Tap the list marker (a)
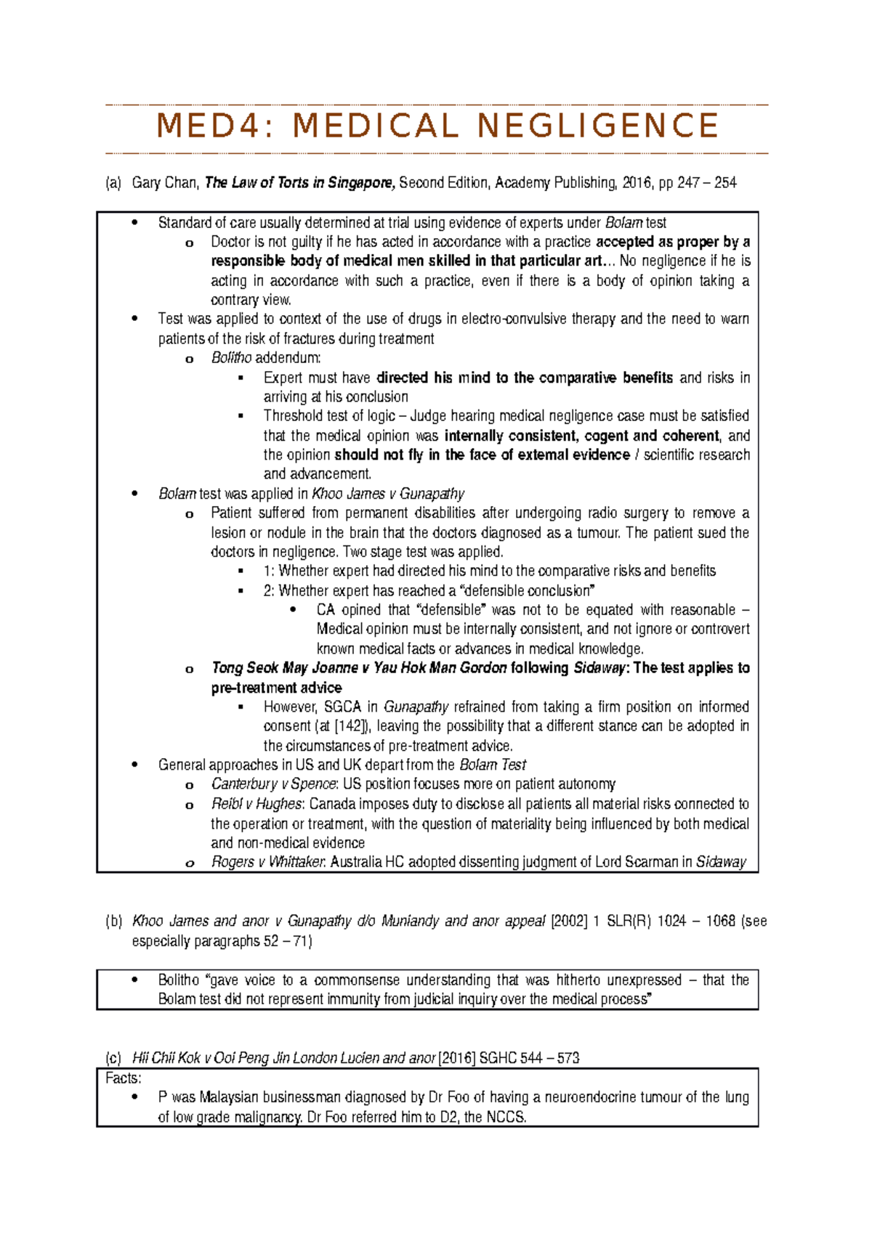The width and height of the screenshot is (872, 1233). [113, 183]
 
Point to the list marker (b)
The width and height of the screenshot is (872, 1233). [113, 921]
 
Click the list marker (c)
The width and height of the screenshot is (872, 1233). [113, 1058]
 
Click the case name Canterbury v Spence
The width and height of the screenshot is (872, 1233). [273, 784]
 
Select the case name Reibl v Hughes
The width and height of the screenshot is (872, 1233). [257, 804]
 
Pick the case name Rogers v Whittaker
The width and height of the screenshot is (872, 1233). [267, 862]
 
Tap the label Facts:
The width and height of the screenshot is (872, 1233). [123, 1078]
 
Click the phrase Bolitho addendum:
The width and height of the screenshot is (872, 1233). [266, 358]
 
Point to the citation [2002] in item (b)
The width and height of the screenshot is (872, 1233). [569, 921]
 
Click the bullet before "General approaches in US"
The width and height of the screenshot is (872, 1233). [134, 765]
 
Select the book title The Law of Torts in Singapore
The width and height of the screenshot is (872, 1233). [299, 183]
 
